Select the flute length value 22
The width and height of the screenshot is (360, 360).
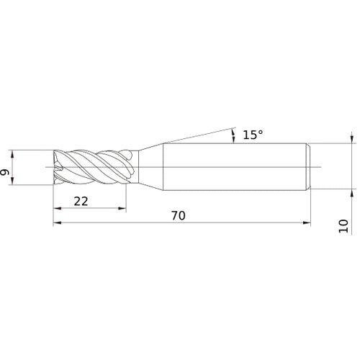pyautogui.click(x=81, y=202)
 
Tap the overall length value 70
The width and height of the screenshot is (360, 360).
pyautogui.click(x=176, y=215)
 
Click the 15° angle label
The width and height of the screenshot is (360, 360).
pyautogui.click(x=253, y=135)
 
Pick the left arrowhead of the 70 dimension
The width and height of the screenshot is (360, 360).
pyautogui.click(x=57, y=223)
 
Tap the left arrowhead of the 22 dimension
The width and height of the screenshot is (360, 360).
pyautogui.click(x=57, y=209)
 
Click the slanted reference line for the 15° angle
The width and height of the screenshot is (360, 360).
pyautogui.click(x=194, y=137)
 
